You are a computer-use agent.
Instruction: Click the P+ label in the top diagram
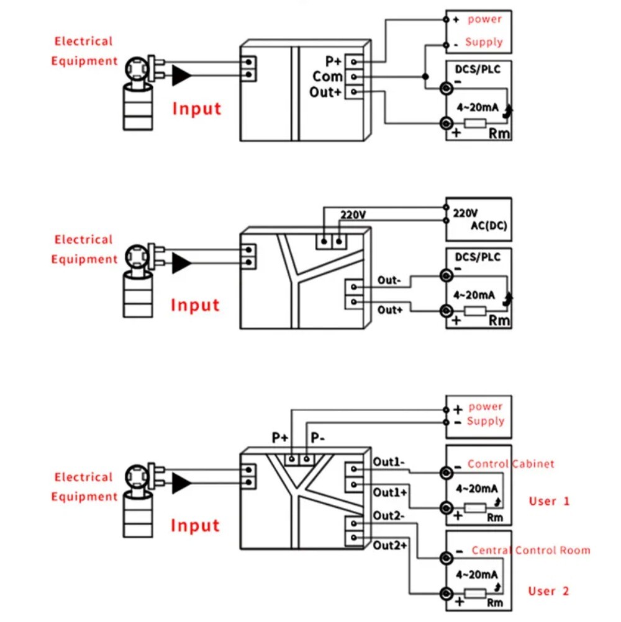tap(333, 61)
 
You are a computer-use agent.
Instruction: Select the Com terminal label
tap(327, 76)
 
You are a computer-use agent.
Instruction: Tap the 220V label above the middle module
tap(353, 215)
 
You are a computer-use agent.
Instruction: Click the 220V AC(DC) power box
tap(479, 220)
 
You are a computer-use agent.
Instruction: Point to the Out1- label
tap(389, 462)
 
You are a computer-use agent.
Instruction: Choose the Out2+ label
tap(390, 546)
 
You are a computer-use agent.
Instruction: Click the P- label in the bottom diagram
tap(318, 438)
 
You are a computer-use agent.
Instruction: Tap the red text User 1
tap(549, 501)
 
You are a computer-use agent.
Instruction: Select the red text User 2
tap(549, 591)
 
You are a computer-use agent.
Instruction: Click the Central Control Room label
tap(531, 550)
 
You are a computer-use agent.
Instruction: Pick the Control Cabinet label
tap(510, 464)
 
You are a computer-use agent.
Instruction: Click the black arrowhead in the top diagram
tap(181, 76)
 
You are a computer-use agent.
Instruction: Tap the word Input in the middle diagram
tap(195, 305)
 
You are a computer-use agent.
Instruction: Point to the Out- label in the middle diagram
tap(389, 280)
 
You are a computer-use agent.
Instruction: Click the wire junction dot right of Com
tap(425, 76)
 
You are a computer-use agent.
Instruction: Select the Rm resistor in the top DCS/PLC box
tap(475, 124)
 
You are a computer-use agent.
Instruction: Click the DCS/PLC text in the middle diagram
tap(478, 257)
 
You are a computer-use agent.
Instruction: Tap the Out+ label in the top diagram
tap(325, 92)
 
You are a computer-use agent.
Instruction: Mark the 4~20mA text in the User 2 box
tap(477, 574)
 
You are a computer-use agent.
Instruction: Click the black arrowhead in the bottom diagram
tap(181, 482)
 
